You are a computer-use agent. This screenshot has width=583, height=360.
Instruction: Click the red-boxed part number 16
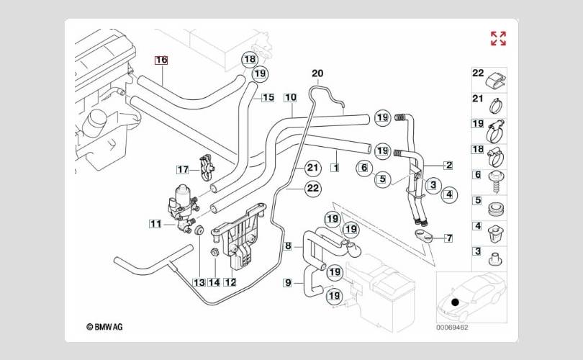pos(161,60)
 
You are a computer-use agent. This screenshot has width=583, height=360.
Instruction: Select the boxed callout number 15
pos(268,98)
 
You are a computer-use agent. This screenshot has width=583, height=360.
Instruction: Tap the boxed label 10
pos(290,97)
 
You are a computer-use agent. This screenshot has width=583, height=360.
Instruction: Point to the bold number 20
pos(317,73)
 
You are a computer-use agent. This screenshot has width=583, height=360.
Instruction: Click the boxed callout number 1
pos(335,168)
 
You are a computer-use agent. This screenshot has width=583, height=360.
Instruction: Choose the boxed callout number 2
pos(448,166)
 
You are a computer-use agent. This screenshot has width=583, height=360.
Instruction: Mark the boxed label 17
pos(183,170)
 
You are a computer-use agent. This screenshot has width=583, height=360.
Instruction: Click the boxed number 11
pos(155,224)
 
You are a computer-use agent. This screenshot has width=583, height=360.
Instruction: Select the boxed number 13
pos(198,282)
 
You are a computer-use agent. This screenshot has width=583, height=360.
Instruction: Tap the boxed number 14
pos(214,282)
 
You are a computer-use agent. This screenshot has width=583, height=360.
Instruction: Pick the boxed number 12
pos(230,282)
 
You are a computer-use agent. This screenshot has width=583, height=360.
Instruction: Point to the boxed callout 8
pos(288,246)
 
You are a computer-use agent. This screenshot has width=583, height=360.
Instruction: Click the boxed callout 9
pos(288,283)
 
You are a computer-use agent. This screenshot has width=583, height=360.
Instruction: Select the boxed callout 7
pos(448,238)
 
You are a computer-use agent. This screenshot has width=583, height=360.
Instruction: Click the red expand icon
pos(498,38)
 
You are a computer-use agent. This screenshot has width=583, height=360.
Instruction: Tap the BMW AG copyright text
pos(104,326)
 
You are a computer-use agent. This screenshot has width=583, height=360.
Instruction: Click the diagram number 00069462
pos(452,326)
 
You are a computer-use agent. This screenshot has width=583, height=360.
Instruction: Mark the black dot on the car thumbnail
pos(455,300)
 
